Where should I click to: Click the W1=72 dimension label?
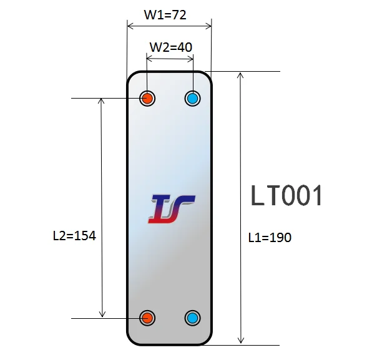[x=165, y=14]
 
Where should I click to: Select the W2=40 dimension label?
[x=170, y=47]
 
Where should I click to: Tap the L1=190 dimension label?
[x=270, y=237]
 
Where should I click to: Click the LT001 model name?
[x=287, y=196]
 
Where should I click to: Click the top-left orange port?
[x=147, y=98]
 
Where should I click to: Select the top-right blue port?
[x=193, y=98]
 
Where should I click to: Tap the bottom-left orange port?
[x=147, y=318]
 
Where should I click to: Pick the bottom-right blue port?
[x=193, y=318]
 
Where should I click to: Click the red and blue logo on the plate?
[x=171, y=209]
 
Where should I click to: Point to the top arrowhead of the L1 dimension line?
[x=241, y=75]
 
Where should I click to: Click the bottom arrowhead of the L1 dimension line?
[x=241, y=340]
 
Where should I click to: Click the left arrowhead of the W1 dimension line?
[x=130, y=26]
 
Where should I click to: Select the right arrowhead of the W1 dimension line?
[x=208, y=26]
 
